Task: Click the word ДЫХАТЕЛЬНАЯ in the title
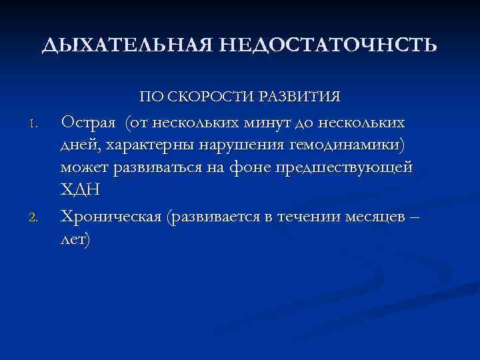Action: tap(126, 45)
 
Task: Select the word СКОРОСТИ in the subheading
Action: tap(209, 97)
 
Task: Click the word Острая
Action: tap(90, 123)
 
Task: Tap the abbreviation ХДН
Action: tap(81, 189)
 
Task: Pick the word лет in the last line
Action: tap(75, 239)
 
